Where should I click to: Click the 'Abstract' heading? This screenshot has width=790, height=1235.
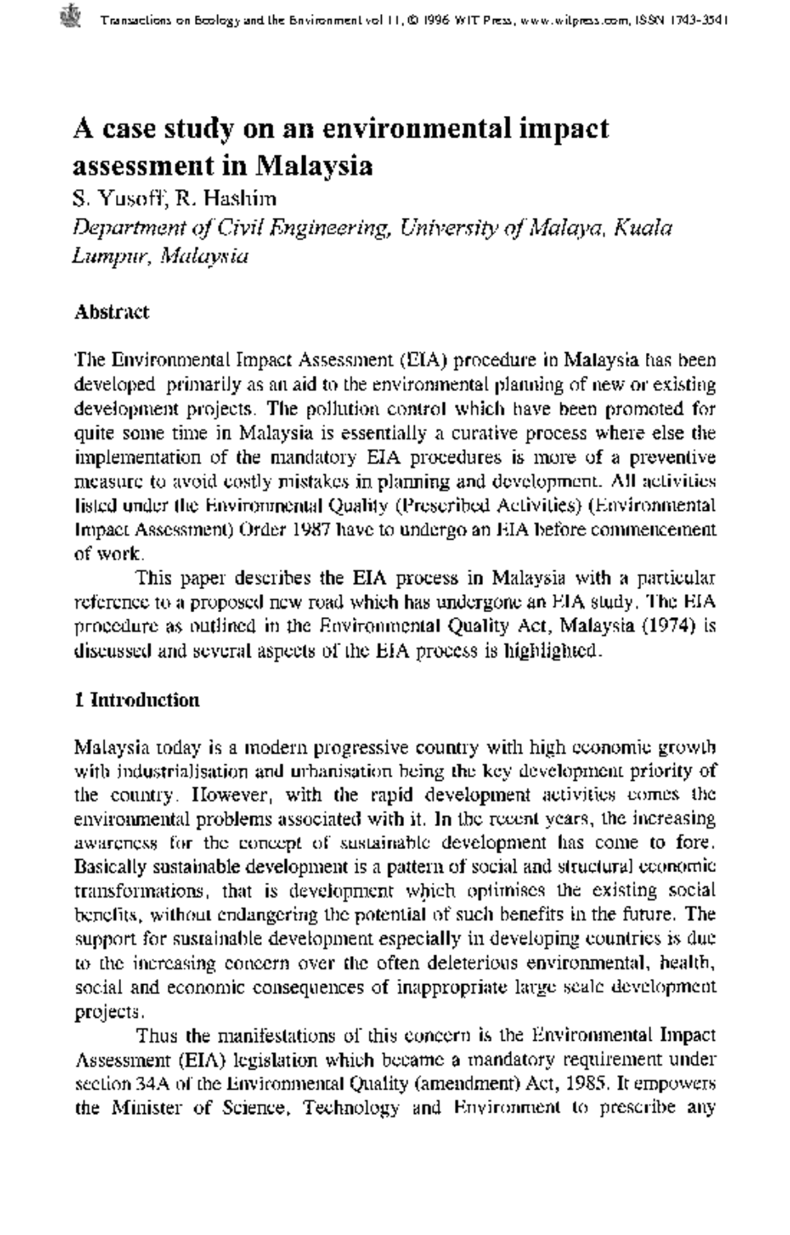(111, 311)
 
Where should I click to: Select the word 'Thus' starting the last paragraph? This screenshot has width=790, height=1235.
(158, 1036)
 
